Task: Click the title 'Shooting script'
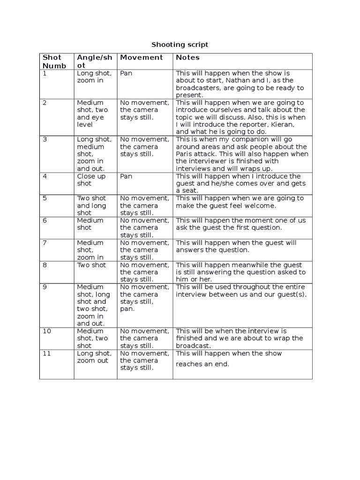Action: click(180, 45)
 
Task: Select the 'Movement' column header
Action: click(141, 58)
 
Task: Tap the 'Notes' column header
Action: click(187, 58)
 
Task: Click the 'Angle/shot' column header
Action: click(94, 61)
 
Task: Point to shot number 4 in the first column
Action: click(45, 177)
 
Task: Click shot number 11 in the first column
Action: click(46, 353)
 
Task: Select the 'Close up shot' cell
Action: click(91, 180)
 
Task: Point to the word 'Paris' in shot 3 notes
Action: click(185, 154)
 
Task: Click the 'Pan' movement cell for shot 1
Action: click(126, 74)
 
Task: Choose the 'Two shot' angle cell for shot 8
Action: click(91, 265)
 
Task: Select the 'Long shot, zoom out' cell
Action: click(94, 357)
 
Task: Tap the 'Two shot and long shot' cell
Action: click(91, 206)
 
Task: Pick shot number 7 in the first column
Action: click(45, 243)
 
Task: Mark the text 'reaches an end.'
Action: click(202, 364)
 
